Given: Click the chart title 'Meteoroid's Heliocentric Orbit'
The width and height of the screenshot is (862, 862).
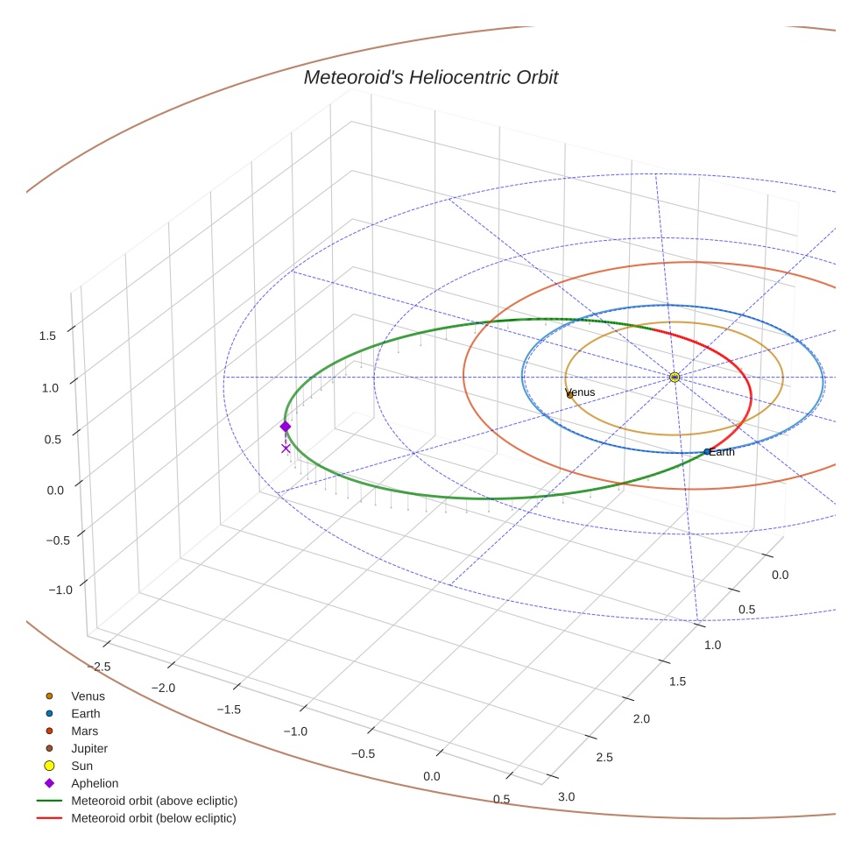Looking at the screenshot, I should pyautogui.click(x=430, y=78).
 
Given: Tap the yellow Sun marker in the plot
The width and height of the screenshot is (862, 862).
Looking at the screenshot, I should pyautogui.click(x=675, y=378).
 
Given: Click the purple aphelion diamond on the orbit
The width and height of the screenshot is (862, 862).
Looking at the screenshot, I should pyautogui.click(x=285, y=427).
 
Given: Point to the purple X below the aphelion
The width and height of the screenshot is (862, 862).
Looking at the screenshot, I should pyautogui.click(x=286, y=449).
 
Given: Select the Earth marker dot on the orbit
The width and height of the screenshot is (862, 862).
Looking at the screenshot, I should pyautogui.click(x=707, y=452).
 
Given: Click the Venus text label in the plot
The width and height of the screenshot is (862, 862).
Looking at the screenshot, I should pyautogui.click(x=581, y=392).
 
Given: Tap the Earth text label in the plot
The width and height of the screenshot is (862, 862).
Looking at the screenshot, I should pyautogui.click(x=723, y=452).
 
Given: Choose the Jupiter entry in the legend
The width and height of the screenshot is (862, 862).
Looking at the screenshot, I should pyautogui.click(x=89, y=749).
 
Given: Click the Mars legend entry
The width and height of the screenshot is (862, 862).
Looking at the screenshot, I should pyautogui.click(x=84, y=731).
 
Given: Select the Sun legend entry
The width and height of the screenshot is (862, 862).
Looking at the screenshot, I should pyautogui.click(x=83, y=767).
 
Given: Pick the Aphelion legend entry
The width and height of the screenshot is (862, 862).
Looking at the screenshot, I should pyautogui.click(x=95, y=784).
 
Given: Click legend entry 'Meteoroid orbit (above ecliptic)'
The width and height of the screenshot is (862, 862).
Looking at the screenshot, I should pyautogui.click(x=154, y=802).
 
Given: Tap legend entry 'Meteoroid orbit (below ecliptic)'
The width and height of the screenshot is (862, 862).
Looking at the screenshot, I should pyautogui.click(x=153, y=819).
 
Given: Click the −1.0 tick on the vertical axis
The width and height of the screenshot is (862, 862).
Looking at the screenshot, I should pyautogui.click(x=60, y=590).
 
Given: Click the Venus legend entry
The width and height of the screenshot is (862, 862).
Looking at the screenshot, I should pyautogui.click(x=88, y=696).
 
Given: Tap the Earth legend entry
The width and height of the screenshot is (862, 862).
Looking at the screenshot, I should pyautogui.click(x=86, y=714).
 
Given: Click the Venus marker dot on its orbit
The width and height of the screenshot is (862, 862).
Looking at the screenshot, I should pyautogui.click(x=569, y=395).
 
